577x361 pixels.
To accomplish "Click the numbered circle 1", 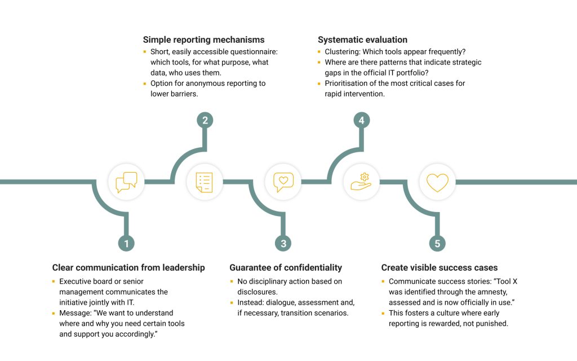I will [x=127, y=244].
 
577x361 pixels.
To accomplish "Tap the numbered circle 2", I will [x=205, y=120].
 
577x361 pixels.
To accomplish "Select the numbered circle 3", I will [x=283, y=244].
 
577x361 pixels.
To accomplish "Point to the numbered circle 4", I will [x=362, y=120].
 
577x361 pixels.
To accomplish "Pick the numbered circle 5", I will [x=437, y=244].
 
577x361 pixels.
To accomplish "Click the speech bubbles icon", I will [x=126, y=182].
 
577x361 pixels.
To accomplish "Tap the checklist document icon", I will [x=205, y=182].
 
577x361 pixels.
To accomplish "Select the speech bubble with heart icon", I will [x=283, y=182].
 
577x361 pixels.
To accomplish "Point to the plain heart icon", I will [x=437, y=182].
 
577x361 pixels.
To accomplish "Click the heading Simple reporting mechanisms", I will [x=203, y=39].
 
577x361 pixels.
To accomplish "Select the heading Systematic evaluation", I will [x=362, y=39].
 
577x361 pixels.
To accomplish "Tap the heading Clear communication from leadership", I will [x=128, y=267].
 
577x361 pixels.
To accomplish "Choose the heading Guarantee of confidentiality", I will [x=286, y=267].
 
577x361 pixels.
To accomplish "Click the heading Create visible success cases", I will [x=440, y=267].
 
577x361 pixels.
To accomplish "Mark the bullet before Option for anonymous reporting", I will [x=145, y=83].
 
